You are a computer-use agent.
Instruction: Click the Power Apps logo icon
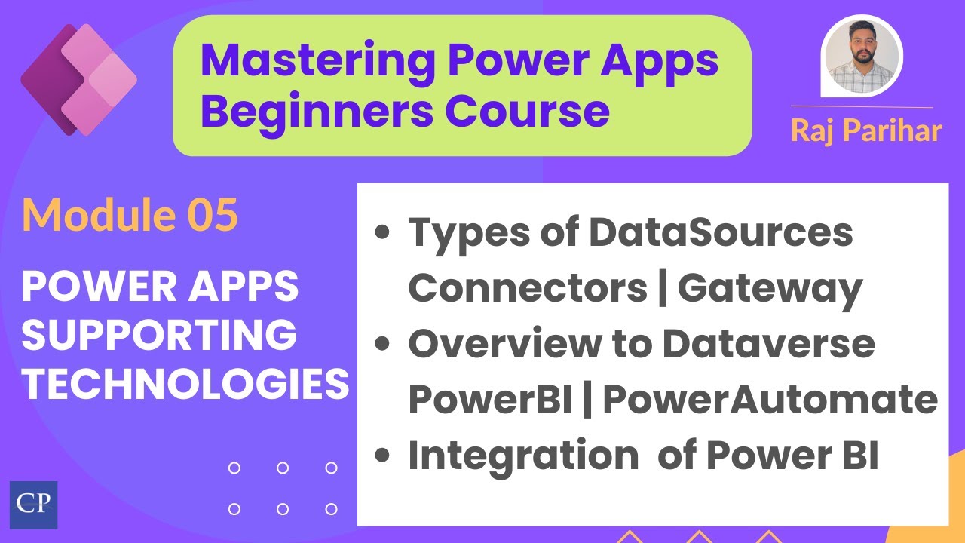[78, 80]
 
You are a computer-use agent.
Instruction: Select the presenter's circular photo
[862, 57]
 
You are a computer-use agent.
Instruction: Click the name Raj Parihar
[866, 130]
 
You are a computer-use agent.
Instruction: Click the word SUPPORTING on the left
[158, 336]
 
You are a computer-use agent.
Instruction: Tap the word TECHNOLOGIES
[185, 385]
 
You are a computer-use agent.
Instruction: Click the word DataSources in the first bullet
[721, 232]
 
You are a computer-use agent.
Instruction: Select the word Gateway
[770, 288]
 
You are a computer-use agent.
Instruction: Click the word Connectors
[528, 288]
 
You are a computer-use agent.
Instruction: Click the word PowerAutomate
[770, 400]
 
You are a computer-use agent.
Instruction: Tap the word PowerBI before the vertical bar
[490, 400]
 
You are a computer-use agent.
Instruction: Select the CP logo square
[33, 505]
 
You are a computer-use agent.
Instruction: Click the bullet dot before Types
[383, 233]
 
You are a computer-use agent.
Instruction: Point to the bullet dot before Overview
[383, 345]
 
